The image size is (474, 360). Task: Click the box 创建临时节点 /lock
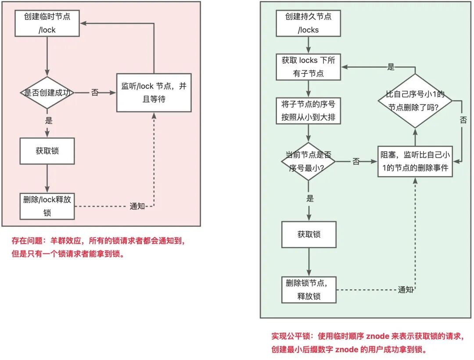pyautogui.click(x=47, y=23)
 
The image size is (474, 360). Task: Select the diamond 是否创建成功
pyautogui.click(x=47, y=93)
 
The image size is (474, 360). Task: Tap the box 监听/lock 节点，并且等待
pyautogui.click(x=154, y=93)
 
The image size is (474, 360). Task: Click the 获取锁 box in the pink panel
pyautogui.click(x=47, y=151)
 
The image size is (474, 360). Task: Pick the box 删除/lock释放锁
pyautogui.click(x=47, y=206)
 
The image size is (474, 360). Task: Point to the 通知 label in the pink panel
pyautogui.click(x=137, y=206)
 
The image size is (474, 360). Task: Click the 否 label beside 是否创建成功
pyautogui.click(x=94, y=93)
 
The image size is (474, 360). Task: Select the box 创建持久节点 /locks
pyautogui.click(x=309, y=23)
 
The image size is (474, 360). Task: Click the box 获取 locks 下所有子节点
pyautogui.click(x=309, y=67)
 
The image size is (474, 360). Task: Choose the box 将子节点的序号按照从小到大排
pyautogui.click(x=309, y=112)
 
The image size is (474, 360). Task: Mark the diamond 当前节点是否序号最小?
pyautogui.click(x=309, y=162)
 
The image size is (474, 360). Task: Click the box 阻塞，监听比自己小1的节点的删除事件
pyautogui.click(x=415, y=161)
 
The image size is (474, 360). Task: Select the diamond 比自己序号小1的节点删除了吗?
pyautogui.click(x=415, y=101)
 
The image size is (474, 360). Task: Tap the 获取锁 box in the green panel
pyautogui.click(x=309, y=234)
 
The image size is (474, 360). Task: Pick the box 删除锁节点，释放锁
pyautogui.click(x=309, y=290)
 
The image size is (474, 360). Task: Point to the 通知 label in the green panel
pyautogui.click(x=406, y=290)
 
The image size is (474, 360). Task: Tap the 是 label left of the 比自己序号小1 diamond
pyautogui.click(x=391, y=67)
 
